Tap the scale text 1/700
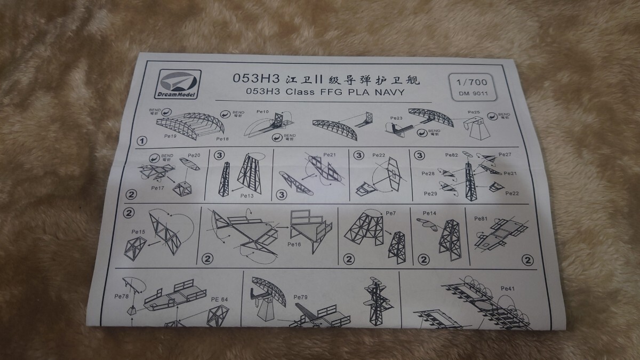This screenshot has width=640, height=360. pyautogui.click(x=469, y=83)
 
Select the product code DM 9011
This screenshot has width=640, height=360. pyautogui.click(x=469, y=95)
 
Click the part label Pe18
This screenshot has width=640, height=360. pyautogui.click(x=222, y=139)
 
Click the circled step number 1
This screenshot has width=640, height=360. pyautogui.click(x=141, y=141)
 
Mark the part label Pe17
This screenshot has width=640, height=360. pyautogui.click(x=158, y=188)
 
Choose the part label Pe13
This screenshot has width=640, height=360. pyautogui.click(x=247, y=196)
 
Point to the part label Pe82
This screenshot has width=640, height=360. pyautogui.click(x=451, y=155)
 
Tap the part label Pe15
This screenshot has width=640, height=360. pyautogui.click(x=138, y=231)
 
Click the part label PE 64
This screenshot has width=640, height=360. pyautogui.click(x=219, y=299)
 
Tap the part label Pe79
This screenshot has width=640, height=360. pyautogui.click(x=301, y=297)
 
